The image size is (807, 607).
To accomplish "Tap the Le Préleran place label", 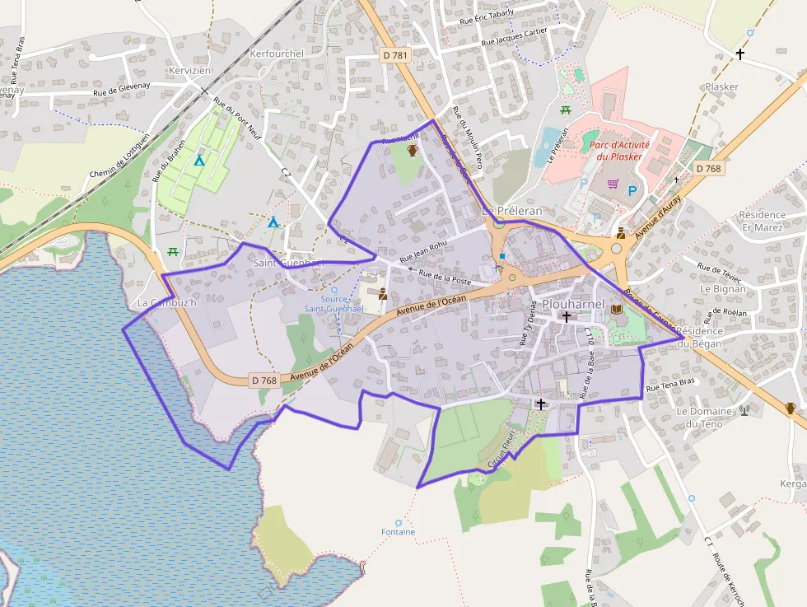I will (511, 211).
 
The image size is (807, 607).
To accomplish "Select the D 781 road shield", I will (396, 54).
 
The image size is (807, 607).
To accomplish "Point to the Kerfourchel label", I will (277, 54).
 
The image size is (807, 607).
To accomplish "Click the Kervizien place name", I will (189, 71).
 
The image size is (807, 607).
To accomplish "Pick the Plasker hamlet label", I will (722, 86).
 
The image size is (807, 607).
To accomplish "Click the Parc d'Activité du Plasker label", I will (619, 150).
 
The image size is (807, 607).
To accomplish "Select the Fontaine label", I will (399, 532).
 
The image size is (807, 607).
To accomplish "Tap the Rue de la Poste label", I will (445, 277).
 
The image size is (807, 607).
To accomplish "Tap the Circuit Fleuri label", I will (501, 449).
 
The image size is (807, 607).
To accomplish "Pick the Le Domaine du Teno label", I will (703, 418).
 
